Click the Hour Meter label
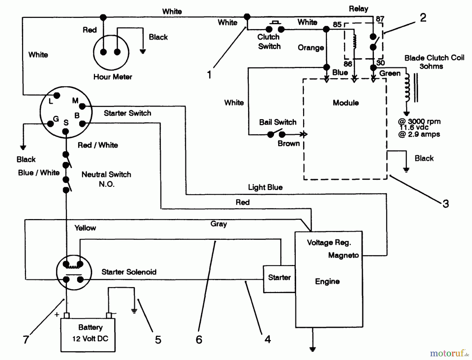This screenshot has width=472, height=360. coord(113,77)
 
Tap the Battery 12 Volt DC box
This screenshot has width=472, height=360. coord(88,335)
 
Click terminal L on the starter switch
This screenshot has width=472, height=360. coord(57,96)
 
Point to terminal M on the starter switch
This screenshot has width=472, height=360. coord(82,106)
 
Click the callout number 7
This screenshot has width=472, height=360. coord(26,340)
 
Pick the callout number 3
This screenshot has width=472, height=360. coord(446,204)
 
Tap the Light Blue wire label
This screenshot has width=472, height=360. coord(265,187)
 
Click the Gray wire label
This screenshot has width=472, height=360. coord(218,224)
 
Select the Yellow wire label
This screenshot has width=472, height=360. coord(85,228)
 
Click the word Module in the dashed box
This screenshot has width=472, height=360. coord(346,103)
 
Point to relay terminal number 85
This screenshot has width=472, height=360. coord(337,24)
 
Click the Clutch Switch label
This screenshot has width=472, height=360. coord(269,42)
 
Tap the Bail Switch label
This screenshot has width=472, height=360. coord(278,122)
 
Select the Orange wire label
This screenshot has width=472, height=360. coord(311,48)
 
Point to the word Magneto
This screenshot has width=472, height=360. coord(343,255)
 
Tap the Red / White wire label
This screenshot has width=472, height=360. coord(98,145)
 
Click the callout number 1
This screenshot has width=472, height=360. coord(209,75)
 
